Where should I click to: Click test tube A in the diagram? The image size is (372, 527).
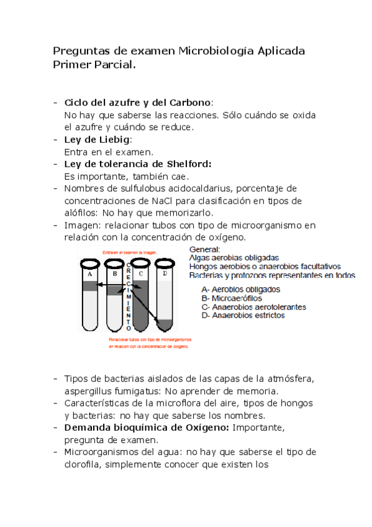tap(89, 295)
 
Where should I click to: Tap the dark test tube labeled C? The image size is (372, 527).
tap(140, 295)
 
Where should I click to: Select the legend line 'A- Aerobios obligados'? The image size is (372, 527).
tap(241, 289)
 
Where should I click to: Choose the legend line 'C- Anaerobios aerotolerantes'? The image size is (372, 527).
tap(254, 306)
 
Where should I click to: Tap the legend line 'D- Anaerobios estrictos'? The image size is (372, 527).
tap(243, 315)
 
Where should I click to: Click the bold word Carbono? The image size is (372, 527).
tap(191, 103)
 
